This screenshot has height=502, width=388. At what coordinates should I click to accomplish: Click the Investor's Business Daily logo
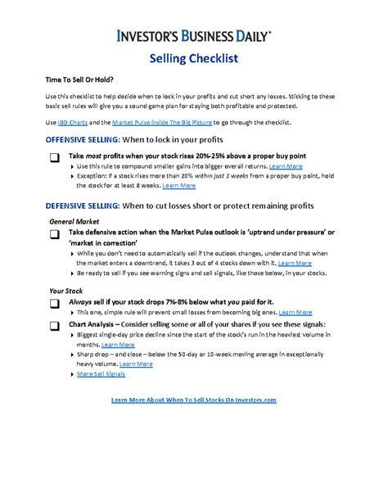pyautogui.click(x=194, y=36)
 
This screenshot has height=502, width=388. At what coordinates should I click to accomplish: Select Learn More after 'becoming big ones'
pyautogui.click(x=293, y=312)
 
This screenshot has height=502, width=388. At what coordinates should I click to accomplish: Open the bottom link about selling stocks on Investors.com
pyautogui.click(x=193, y=400)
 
